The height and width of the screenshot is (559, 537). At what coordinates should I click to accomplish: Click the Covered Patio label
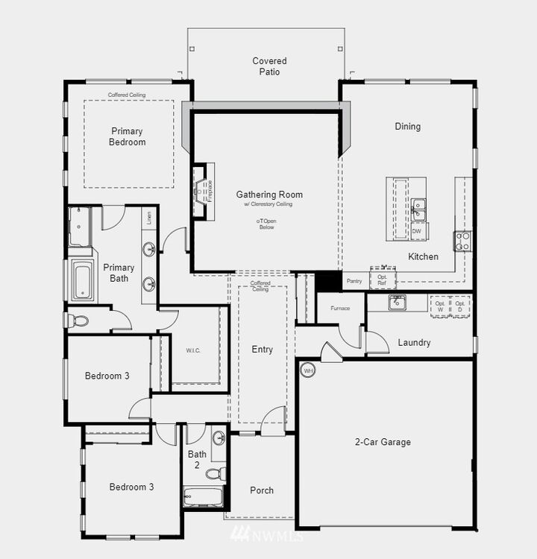coord(269,66)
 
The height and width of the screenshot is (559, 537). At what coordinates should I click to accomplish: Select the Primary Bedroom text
coord(127,136)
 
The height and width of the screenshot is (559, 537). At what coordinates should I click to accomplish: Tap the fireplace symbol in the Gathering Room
coord(200,191)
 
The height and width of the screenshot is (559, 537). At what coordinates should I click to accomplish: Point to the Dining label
coord(407,126)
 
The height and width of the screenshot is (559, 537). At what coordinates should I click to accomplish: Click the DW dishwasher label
coord(416,232)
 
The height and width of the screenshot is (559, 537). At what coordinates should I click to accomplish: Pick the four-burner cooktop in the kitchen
coord(462,240)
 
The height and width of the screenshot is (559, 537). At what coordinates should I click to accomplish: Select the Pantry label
coord(354,281)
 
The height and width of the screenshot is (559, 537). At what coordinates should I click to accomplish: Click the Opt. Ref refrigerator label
coord(383,280)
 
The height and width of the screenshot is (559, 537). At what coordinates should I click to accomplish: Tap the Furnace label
coord(340,308)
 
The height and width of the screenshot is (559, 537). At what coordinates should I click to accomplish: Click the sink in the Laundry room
coord(397,303)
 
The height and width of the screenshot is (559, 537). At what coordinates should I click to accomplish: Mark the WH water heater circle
coord(307,370)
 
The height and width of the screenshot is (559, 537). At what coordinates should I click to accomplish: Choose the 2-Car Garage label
coord(383,442)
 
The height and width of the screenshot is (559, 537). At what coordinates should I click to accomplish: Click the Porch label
coord(261,490)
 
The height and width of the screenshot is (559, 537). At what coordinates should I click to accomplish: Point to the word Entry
coord(262,350)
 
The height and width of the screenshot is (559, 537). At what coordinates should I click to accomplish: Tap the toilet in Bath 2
coord(216,473)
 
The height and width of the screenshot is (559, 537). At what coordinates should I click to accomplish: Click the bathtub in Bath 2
coord(203,496)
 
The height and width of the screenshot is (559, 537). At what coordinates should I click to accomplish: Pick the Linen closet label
coord(149,218)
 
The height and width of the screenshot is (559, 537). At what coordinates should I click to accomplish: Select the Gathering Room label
coord(269,195)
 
